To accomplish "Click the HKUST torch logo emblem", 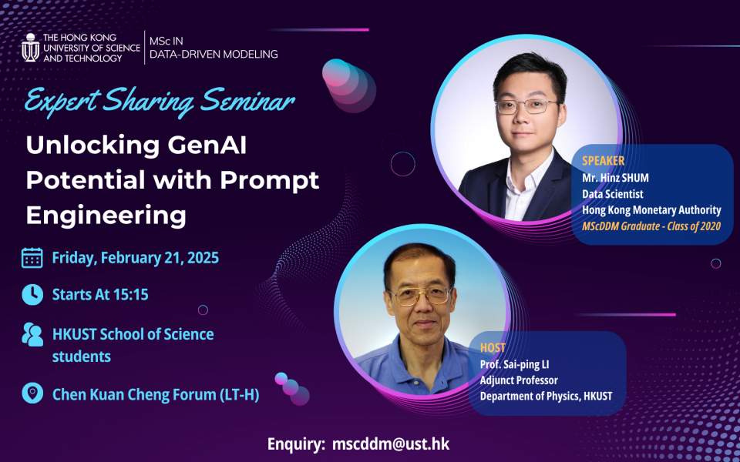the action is tap(30, 48).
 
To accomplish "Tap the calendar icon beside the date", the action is tap(32, 258).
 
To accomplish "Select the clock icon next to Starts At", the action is tap(32, 295).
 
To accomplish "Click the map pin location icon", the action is tap(32, 393).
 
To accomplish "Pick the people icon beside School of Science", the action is tap(32, 334).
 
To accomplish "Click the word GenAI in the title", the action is tap(207, 146).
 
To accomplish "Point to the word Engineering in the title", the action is tap(106, 216).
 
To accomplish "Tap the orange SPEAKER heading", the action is tap(603, 161).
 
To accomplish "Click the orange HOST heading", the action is tap(493, 348).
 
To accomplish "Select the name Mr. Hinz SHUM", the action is tap(615, 178).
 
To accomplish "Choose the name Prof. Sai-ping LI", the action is tap(514, 365).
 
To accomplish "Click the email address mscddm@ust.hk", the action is tap(391, 444).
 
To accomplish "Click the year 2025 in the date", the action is tap(203, 258).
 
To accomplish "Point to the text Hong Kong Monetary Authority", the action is tap(651, 209).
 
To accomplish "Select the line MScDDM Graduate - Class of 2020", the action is tap(651, 226).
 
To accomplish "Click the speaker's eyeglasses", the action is tap(527, 106).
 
